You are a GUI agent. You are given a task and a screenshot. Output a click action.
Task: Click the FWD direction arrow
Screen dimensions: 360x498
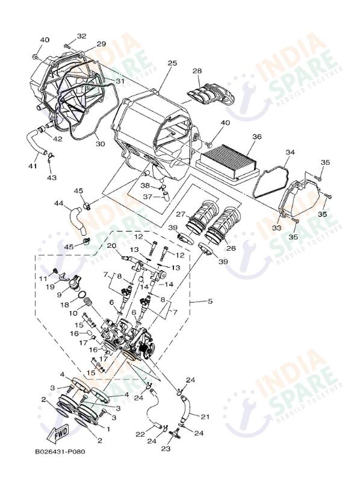click(58, 433)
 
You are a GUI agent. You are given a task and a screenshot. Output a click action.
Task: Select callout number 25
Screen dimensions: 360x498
click(172, 63)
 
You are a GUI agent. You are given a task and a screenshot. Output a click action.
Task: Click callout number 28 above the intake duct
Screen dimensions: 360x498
click(197, 71)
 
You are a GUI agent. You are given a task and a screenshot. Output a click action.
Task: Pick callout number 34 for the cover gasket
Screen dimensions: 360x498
click(290, 152)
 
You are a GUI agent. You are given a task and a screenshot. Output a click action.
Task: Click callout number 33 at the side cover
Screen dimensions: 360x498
click(277, 228)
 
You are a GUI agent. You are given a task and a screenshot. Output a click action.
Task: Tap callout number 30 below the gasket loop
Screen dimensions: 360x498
click(100, 144)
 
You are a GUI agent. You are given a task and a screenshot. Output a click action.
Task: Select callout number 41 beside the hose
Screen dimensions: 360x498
click(33, 166)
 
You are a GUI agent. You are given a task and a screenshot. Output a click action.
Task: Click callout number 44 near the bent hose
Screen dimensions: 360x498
click(58, 203)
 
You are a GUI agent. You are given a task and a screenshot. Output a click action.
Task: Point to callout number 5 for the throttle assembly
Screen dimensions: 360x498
click(210, 301)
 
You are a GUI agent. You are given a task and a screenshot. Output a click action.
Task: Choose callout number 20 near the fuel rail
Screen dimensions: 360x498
click(111, 245)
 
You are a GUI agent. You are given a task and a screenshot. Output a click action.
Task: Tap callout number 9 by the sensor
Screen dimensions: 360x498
click(59, 295)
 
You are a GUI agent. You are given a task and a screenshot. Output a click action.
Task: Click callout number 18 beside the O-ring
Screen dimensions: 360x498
click(64, 305)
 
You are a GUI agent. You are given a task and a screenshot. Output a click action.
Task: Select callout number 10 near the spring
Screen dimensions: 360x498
click(73, 313)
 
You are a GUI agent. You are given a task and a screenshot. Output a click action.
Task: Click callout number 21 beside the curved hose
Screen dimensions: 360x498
click(205, 416)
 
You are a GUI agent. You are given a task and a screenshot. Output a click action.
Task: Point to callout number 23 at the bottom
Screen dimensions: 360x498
click(166, 449)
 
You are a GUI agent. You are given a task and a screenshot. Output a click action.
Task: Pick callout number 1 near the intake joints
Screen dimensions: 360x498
click(108, 429)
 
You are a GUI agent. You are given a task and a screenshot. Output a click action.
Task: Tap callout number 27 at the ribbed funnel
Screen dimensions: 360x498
click(181, 214)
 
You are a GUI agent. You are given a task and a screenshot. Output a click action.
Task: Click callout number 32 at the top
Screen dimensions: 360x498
click(82, 36)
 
